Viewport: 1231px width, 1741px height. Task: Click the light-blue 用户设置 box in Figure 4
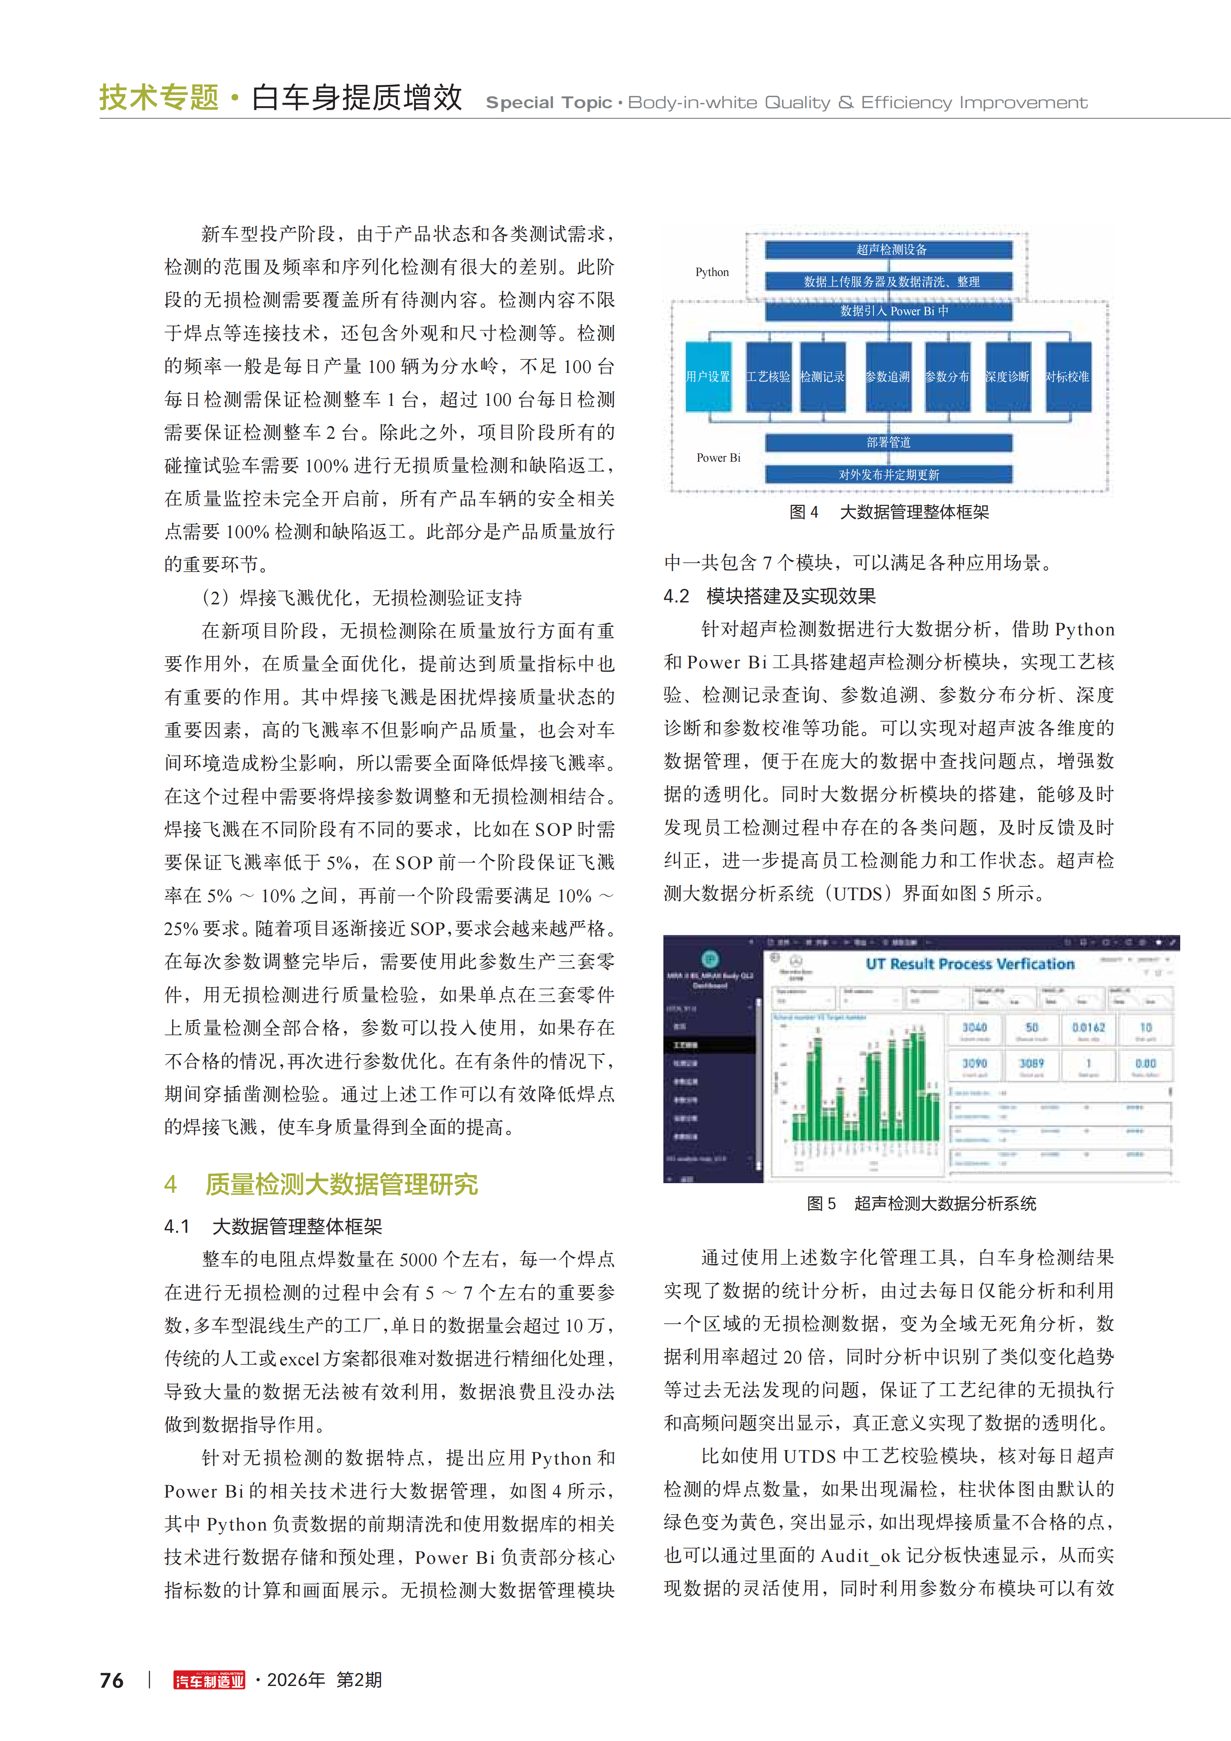(708, 377)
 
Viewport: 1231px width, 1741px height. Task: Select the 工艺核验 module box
(768, 377)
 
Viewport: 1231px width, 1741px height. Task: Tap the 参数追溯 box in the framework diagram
(887, 377)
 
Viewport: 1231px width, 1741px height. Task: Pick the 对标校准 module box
(1068, 377)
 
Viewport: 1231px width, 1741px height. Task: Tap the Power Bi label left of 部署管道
(718, 458)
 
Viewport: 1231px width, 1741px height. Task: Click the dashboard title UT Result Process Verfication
(970, 964)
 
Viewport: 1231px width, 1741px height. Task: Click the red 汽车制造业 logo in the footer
(209, 1681)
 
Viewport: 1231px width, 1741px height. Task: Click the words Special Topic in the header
(548, 102)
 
